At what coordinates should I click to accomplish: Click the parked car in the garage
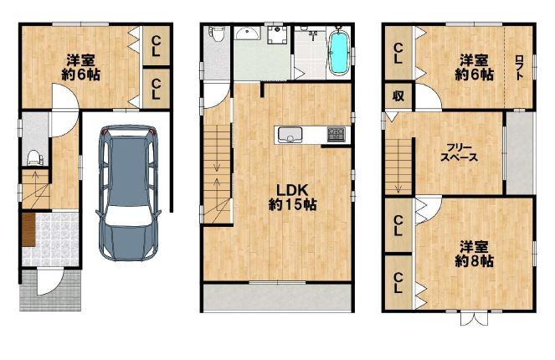pyautogui.click(x=128, y=193)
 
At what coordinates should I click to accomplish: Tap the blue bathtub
pyautogui.click(x=339, y=54)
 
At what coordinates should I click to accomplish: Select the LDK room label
pyautogui.click(x=292, y=198)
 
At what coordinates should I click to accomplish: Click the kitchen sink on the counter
pyautogui.click(x=290, y=135)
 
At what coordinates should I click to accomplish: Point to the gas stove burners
pyautogui.click(x=336, y=135)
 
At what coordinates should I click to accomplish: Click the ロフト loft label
pyautogui.click(x=519, y=67)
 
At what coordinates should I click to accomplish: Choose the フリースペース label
pyautogui.click(x=459, y=152)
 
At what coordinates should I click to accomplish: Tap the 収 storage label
pyautogui.click(x=398, y=95)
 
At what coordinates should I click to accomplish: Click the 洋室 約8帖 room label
pyautogui.click(x=474, y=255)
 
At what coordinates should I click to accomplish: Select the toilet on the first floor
pyautogui.click(x=34, y=158)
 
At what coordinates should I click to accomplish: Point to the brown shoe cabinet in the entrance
pyautogui.click(x=28, y=229)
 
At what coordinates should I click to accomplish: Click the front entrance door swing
pyautogui.click(x=50, y=282)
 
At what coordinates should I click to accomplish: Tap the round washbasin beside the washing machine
pyautogui.click(x=248, y=33)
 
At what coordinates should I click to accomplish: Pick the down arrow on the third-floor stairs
pyautogui.click(x=399, y=188)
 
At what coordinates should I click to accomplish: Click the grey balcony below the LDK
pyautogui.click(x=277, y=297)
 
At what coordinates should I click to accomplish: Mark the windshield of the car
pyautogui.click(x=128, y=215)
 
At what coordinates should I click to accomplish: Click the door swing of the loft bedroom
pyautogui.click(x=429, y=96)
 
